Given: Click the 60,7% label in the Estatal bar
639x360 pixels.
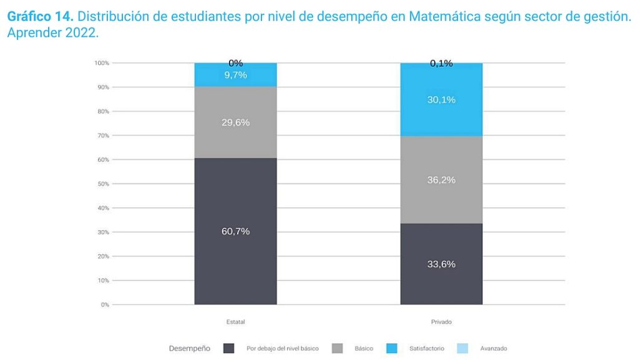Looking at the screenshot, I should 235,231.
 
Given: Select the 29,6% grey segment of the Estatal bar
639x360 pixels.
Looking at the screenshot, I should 235,122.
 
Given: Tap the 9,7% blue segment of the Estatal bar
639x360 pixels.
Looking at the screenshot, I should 235,75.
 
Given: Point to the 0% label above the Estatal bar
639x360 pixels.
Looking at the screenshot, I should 235,63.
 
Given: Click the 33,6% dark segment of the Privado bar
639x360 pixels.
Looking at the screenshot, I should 441,264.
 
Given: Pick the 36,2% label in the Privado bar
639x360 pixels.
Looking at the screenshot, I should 441,180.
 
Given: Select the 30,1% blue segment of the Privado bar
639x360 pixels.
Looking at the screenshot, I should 441,100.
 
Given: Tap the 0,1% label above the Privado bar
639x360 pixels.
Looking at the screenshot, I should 441,63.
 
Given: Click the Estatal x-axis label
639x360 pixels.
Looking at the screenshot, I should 235,322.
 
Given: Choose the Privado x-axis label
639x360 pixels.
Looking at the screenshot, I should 441,322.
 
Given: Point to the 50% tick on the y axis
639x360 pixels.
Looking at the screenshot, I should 102,184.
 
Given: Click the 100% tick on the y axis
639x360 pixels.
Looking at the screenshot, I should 102,63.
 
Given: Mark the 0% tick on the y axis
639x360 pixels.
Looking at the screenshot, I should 104,305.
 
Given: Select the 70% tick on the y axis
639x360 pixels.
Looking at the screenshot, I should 102,135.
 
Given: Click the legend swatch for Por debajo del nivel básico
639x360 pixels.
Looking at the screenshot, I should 229,348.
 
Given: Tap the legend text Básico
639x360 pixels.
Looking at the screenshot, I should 364,348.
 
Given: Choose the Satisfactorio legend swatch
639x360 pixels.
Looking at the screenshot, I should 391,348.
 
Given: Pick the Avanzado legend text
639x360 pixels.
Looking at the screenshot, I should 494,348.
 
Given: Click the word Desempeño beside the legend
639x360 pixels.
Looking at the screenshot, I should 189,348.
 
